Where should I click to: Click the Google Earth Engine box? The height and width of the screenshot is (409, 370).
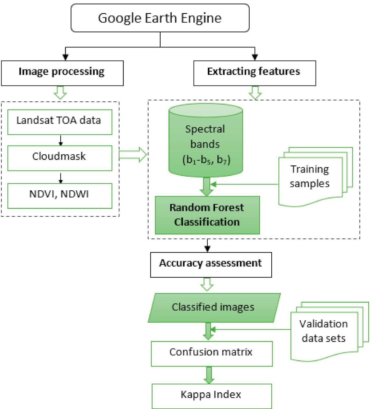point(160,18)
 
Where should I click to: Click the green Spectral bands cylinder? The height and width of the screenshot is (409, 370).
point(205,143)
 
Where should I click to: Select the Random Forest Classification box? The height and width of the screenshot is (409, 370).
point(207,215)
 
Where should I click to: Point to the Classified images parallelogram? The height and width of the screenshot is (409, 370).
point(214,307)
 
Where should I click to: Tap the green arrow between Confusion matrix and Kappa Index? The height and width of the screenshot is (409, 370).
point(209,375)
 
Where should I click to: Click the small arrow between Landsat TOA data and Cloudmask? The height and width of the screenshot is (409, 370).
point(60,140)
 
